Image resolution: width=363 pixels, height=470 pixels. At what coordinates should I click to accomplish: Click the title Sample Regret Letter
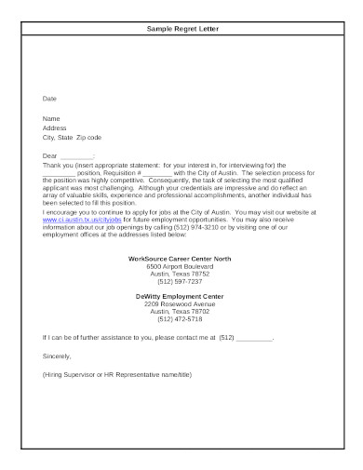coord(181,30)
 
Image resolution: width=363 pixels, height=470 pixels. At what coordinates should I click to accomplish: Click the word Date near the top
coord(49,97)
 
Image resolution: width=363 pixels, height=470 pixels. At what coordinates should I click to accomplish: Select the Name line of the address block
coord(52,119)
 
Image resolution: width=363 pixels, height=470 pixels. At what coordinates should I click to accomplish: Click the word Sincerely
coord(57,354)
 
